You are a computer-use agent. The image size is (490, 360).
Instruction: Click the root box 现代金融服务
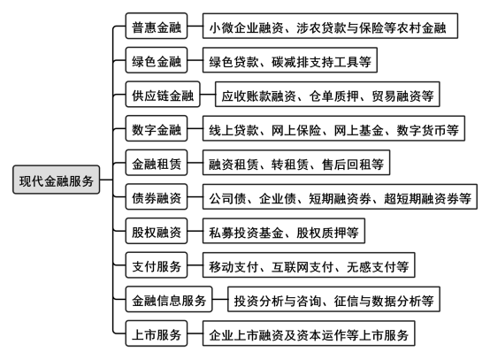tap(57, 180)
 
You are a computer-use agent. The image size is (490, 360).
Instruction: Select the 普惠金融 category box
tap(157, 26)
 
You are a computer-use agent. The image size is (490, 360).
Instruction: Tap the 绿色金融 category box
tap(157, 60)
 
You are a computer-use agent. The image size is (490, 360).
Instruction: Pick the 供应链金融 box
tap(163, 94)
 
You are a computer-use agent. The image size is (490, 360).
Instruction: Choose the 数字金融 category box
tap(157, 128)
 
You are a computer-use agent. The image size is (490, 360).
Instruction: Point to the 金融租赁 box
tap(157, 163)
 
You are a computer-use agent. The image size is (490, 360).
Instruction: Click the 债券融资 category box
tap(157, 196)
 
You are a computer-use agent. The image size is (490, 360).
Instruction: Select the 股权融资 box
tap(157, 231)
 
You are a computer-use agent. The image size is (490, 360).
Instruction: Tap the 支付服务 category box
tap(157, 265)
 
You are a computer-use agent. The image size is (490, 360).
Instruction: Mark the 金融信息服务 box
tap(169, 299)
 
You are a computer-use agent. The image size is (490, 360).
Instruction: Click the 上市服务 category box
tap(157, 333)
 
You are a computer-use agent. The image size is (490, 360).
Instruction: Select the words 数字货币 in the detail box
tap(421, 130)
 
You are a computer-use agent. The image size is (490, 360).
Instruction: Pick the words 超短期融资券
tap(421, 198)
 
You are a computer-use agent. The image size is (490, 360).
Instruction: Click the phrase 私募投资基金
tap(246, 233)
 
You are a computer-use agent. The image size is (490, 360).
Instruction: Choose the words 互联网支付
tap(302, 266)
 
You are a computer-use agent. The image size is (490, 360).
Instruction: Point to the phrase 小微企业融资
tap(246, 27)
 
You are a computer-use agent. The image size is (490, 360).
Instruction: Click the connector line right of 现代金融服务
tap(106, 180)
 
